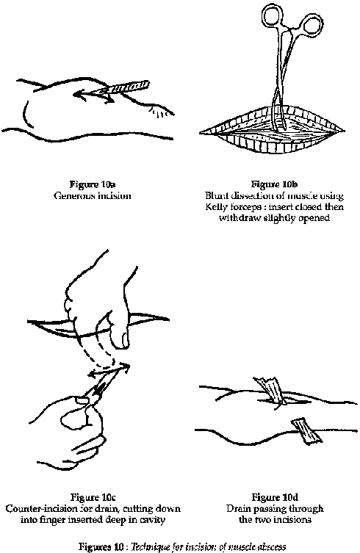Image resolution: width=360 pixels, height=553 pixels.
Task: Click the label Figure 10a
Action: coord(93,184)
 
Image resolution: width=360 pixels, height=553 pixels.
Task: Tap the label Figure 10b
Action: coord(274,184)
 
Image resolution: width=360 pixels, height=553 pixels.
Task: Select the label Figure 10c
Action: coord(93,497)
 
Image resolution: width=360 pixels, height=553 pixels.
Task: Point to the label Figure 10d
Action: coord(275,497)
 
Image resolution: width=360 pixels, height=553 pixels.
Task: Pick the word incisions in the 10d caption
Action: coord(295,519)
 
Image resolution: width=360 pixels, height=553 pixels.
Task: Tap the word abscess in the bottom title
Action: coord(271,547)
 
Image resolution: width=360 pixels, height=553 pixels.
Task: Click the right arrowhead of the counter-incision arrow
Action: coord(126,366)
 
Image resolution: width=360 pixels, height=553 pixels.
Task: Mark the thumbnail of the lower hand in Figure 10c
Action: coord(82,400)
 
